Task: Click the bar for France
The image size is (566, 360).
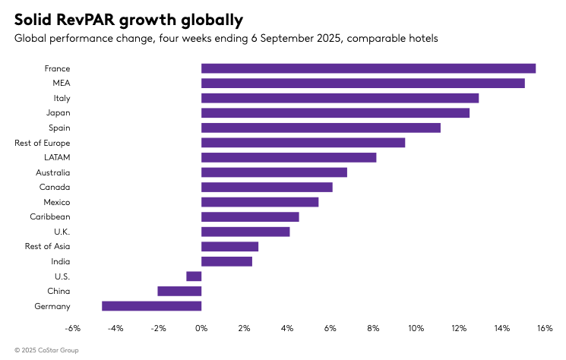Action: (x=368, y=68)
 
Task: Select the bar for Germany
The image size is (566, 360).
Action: (x=152, y=306)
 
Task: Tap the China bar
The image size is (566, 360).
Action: (x=179, y=291)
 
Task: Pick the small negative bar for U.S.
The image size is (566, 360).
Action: (x=194, y=276)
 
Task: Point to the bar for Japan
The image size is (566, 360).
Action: (x=335, y=113)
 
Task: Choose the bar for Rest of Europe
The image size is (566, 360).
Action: (x=303, y=143)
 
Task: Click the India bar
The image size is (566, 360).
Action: (x=226, y=261)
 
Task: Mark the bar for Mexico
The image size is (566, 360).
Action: (x=260, y=202)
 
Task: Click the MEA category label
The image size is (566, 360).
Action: (x=60, y=84)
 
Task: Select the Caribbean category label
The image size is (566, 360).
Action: (x=50, y=217)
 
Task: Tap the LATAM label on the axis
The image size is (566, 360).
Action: (x=57, y=157)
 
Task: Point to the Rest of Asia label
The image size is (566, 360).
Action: (x=47, y=247)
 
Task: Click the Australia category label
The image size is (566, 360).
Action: (x=52, y=172)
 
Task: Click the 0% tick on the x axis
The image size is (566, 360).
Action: (x=201, y=329)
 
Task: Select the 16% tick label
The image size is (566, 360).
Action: (x=544, y=329)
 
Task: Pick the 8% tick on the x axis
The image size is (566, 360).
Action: (x=373, y=329)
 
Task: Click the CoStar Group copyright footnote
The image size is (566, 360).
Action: (x=46, y=350)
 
